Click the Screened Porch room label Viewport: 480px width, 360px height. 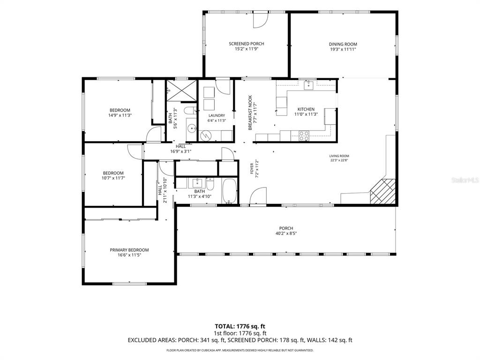(247, 44)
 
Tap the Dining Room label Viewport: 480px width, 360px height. (343, 44)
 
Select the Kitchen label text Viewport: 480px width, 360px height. (306, 109)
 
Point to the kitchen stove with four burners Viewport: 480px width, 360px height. (304, 136)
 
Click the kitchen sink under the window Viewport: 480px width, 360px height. (308, 85)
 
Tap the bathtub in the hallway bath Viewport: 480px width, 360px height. (229, 191)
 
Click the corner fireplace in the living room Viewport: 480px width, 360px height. (382, 191)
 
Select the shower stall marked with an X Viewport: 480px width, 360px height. (181, 90)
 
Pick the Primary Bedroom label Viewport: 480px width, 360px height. (129, 250)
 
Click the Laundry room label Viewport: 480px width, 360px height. (217, 115)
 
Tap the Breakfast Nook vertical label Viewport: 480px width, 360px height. (250, 112)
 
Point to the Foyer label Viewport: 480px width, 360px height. (252, 169)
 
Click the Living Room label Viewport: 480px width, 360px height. (339, 156)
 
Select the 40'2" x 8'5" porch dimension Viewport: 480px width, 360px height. (286, 233)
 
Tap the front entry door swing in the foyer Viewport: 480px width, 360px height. (257, 196)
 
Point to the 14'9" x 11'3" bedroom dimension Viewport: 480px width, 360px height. (120, 115)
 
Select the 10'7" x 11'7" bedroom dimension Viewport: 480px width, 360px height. (113, 178)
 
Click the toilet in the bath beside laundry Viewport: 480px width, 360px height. (190, 110)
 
